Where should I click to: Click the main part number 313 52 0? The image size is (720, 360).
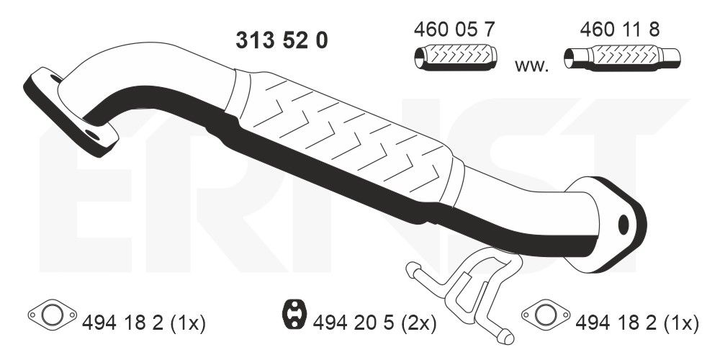click(x=282, y=40)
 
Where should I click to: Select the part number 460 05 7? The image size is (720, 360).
click(x=454, y=30)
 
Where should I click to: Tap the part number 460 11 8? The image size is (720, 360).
click(x=620, y=30)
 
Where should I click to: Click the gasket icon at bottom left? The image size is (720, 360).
click(x=52, y=314)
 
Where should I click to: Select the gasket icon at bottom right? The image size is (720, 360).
click(x=546, y=314)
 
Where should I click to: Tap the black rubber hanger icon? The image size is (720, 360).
click(x=292, y=315)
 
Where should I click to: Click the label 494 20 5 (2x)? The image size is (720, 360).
click(x=374, y=324)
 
